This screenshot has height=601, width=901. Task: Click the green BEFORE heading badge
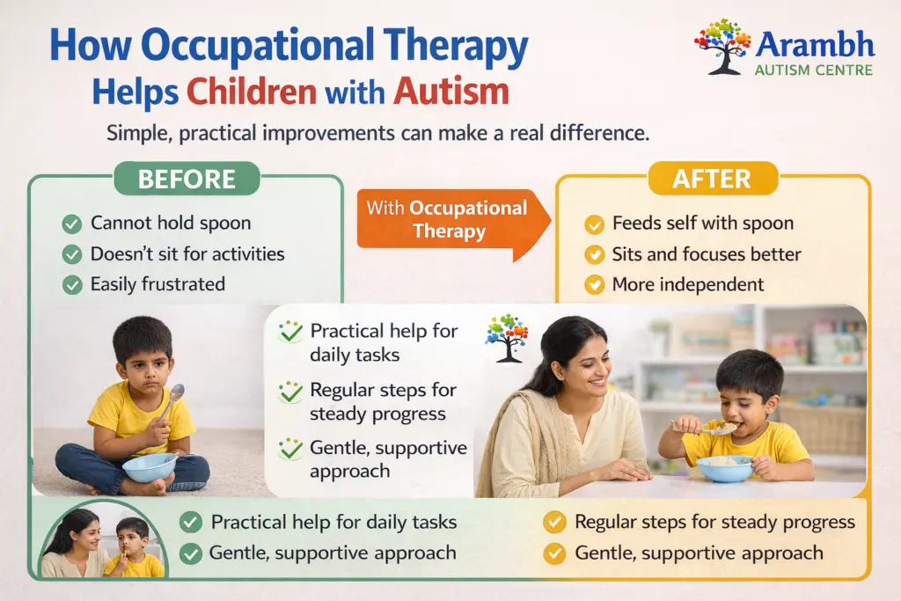187,179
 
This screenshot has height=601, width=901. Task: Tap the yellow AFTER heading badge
713,179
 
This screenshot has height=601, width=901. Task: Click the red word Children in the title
249,91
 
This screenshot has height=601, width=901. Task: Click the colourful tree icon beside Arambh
722,46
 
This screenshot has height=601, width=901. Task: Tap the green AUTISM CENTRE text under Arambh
813,70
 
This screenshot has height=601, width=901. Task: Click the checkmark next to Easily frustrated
72,284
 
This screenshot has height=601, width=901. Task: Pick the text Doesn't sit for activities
187,254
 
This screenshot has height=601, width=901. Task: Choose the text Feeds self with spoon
702,224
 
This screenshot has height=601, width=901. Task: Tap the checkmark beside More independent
595,284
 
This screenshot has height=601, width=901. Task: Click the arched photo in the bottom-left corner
103,540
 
